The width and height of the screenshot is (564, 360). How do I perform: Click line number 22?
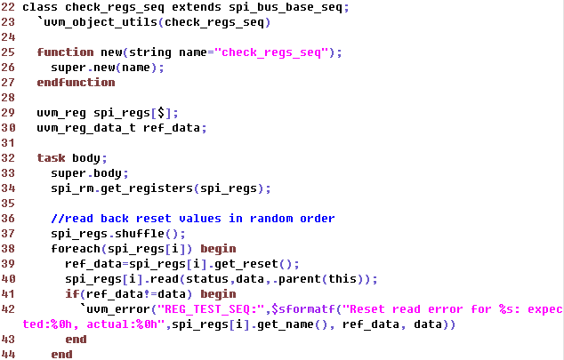(x=8, y=7)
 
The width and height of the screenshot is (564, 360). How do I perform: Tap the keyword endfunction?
(x=76, y=83)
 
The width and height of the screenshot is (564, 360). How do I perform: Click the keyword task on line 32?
(x=51, y=158)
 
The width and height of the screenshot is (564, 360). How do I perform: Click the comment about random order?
(x=192, y=219)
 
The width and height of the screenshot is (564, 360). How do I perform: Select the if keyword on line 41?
(x=71, y=294)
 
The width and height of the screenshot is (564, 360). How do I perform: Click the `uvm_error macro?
(x=114, y=309)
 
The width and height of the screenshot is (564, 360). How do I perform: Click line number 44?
(x=8, y=355)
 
